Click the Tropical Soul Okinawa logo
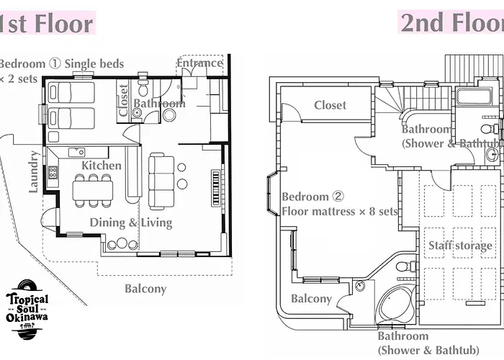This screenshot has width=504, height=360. point(27,310)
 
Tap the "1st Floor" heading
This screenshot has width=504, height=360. point(46,24)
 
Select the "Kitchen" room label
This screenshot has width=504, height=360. point(102,166)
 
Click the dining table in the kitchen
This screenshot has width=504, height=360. point(93,191)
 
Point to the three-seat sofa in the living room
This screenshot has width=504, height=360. point(161,181)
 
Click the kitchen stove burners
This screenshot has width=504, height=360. point(53,173)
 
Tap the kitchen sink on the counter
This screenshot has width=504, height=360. point(77,152)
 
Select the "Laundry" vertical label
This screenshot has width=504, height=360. point(33,171)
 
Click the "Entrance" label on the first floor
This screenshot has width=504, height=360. point(199,63)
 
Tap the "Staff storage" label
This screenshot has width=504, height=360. point(460,246)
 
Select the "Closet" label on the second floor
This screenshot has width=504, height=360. point(330,105)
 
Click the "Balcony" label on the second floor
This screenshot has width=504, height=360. point(311,299)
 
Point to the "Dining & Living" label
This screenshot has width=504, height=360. point(131,222)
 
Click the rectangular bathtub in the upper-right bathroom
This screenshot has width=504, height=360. point(474,96)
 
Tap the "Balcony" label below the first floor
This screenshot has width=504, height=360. point(145,289)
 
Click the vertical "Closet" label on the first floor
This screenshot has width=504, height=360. point(123,100)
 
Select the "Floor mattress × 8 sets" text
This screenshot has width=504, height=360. point(340,212)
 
